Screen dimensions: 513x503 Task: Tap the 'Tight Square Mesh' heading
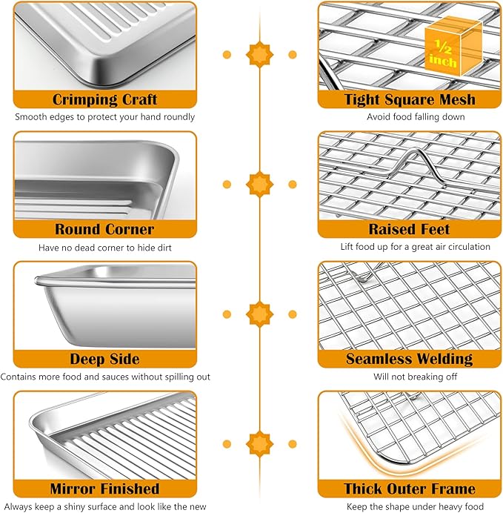pyautogui.click(x=410, y=99)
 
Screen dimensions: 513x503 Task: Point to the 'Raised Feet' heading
pyautogui.click(x=410, y=229)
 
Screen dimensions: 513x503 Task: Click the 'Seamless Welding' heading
pyautogui.click(x=410, y=359)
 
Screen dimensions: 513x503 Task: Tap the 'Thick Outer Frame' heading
pyautogui.click(x=410, y=489)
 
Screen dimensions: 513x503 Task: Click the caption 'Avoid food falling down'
pyautogui.click(x=410, y=117)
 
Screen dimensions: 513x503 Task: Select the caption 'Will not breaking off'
pyautogui.click(x=410, y=377)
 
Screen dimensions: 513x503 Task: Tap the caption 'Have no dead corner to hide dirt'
pyautogui.click(x=104, y=247)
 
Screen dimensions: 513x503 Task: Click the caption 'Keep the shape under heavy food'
pyautogui.click(x=410, y=506)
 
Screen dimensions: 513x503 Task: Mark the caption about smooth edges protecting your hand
pyautogui.click(x=104, y=117)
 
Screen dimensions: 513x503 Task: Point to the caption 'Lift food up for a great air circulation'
pyautogui.click(x=410, y=247)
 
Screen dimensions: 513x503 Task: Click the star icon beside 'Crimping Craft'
pyautogui.click(x=259, y=54)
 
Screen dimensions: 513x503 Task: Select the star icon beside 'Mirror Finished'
pyautogui.click(x=259, y=443)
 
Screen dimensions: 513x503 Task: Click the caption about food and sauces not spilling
pyautogui.click(x=104, y=377)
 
